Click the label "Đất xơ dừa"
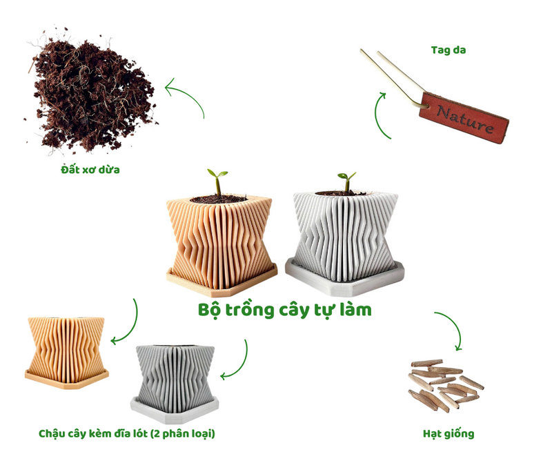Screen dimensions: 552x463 (x=90, y=170)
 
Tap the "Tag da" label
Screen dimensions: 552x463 (x=448, y=50)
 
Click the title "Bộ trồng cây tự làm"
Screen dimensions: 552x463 (x=285, y=311)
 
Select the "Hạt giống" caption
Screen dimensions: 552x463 (x=448, y=433)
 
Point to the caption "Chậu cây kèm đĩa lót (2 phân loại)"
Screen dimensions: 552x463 (x=127, y=433)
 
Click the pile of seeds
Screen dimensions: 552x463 (x=445, y=385)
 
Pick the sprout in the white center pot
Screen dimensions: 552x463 (x=347, y=181)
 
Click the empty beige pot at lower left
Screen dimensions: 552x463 (x=66, y=352)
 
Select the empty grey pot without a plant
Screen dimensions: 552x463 (x=175, y=384)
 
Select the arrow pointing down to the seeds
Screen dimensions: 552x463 (x=453, y=326)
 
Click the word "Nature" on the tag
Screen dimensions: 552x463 (x=465, y=119)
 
